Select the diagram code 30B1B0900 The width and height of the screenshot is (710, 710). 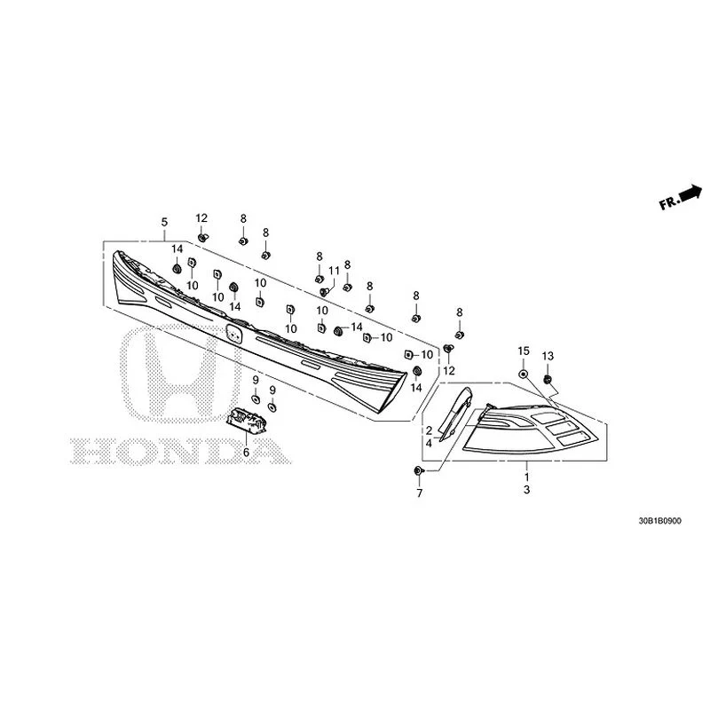pos(659,521)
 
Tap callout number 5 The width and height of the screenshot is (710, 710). pos(164,222)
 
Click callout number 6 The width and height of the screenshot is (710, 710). pos(246,452)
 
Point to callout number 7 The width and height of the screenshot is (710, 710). pos(419,493)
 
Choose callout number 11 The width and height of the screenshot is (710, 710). pos(334,271)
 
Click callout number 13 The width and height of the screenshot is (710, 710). pos(548,356)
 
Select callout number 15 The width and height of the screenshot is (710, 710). pos(524,351)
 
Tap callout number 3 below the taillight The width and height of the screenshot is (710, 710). pos(526,490)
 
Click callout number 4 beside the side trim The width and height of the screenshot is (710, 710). pos(429,443)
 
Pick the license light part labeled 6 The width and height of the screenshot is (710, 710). pos(246,421)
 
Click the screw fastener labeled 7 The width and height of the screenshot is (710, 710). pos(418,471)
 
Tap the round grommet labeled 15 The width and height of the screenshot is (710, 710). pos(523,374)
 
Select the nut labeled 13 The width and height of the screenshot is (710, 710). pos(547,379)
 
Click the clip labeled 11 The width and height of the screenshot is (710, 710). pos(324,292)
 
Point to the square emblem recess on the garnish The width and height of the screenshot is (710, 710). pos(234,334)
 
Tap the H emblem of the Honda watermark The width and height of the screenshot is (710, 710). pos(181,373)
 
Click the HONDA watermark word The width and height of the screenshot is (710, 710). pos(181,451)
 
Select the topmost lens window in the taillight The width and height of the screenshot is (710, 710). pos(547,417)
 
